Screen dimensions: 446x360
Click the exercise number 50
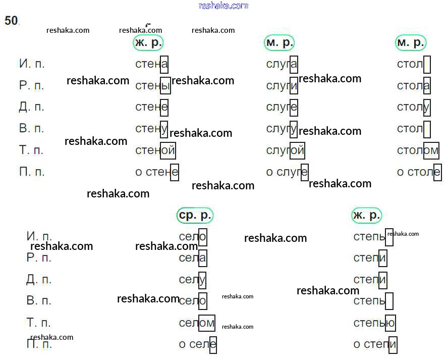[x=11, y=21]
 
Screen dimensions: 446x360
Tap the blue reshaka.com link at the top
[x=224, y=6]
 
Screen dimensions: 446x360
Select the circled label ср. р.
[x=195, y=215]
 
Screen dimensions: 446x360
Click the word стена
[x=151, y=64]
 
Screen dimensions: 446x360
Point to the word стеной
[x=155, y=150]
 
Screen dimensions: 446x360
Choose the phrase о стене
[x=157, y=172]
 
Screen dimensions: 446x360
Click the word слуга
[x=282, y=64]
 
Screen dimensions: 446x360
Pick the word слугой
[x=285, y=150]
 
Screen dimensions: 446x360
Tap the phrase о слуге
[x=287, y=172]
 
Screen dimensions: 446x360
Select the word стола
[x=414, y=86]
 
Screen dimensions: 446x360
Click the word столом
[x=418, y=150]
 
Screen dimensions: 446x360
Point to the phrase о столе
[x=419, y=172]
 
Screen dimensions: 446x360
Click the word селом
[x=197, y=323]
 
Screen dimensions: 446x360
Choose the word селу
[x=192, y=280]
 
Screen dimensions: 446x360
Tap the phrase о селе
[x=198, y=344]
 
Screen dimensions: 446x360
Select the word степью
[x=374, y=323]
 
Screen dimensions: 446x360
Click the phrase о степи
[x=375, y=344]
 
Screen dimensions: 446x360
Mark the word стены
[x=153, y=86]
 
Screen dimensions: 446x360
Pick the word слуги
[x=282, y=86]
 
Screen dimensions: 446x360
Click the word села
[x=193, y=258]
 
